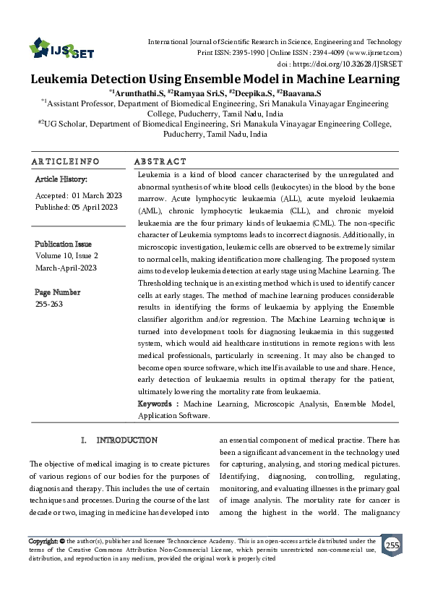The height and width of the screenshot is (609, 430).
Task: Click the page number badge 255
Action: [392, 545]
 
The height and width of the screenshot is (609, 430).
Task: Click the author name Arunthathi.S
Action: [138, 93]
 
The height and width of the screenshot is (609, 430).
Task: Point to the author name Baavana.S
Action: [302, 93]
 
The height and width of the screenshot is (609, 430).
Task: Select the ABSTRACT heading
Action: [160, 161]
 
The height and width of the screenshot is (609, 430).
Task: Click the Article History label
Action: [61, 179]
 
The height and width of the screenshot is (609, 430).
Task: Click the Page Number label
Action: [58, 292]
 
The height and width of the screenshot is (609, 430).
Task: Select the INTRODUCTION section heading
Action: [126, 440]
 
